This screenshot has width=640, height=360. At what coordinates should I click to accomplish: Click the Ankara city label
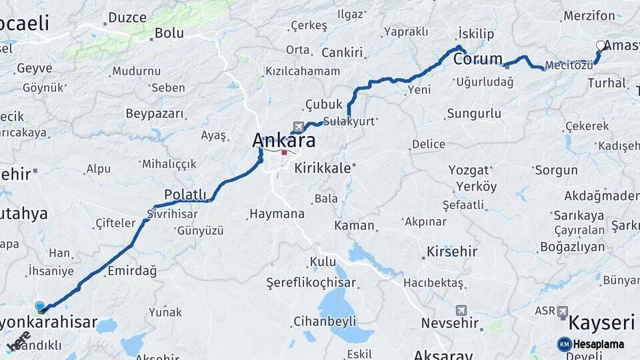point(284,140)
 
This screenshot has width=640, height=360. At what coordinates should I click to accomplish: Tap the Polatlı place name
point(185,194)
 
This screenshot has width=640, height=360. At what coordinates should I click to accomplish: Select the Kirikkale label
point(323,168)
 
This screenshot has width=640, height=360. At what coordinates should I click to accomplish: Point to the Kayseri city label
point(601,324)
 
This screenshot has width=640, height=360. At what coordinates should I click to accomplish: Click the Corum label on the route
point(478,59)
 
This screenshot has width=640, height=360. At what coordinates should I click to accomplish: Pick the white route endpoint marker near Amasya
point(601,46)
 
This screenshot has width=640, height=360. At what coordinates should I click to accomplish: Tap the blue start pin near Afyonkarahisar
point(40,307)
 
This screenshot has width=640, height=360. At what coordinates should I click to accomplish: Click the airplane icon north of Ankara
point(297,125)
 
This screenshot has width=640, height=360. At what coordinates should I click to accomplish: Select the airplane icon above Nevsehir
point(461,310)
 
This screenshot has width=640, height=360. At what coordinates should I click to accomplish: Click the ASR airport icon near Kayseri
point(562,311)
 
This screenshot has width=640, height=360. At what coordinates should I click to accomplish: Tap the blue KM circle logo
point(564,344)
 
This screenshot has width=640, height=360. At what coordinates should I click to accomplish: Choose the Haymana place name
point(277,214)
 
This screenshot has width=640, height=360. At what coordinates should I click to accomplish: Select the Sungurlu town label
point(474,113)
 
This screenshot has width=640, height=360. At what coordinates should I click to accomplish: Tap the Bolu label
point(169,33)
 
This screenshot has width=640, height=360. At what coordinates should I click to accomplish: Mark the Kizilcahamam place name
point(303,71)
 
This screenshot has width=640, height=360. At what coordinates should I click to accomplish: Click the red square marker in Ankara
point(285,153)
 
